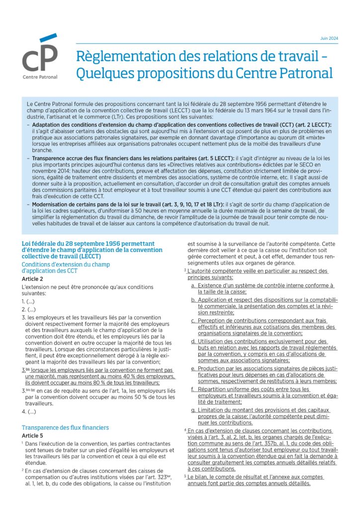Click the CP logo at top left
tap(39, 55)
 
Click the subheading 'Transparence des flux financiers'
tap(65, 427)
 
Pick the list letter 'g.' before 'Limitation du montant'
tap(193, 410)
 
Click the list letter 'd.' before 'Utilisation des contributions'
tap(193, 341)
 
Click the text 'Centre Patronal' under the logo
tap(40, 77)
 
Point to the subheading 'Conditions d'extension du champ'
tap(66, 264)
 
